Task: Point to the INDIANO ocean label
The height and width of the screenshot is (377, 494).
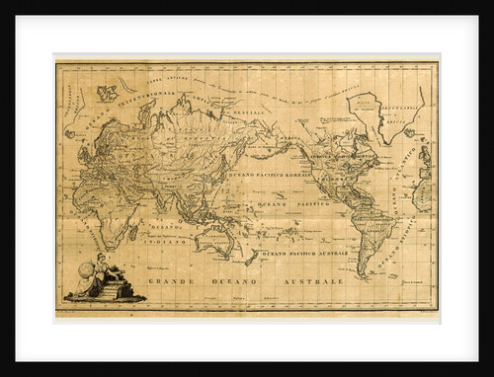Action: click(x=166, y=240)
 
